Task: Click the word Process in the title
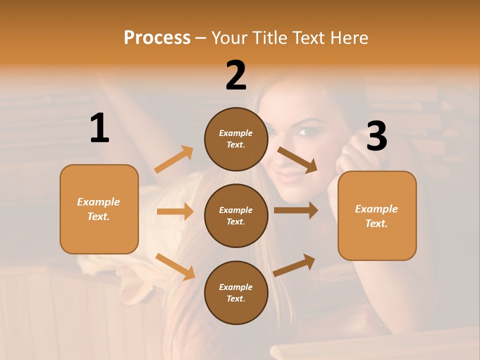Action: [x=157, y=37]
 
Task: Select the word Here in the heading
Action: [x=348, y=37]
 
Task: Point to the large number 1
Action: [x=99, y=128]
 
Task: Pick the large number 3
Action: [x=376, y=136]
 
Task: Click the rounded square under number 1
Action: [x=99, y=209]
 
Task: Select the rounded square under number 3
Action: [x=377, y=215]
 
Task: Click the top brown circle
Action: [x=236, y=139]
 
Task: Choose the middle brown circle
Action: [x=236, y=215]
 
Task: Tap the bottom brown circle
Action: [x=236, y=292]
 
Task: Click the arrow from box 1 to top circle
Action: [x=173, y=159]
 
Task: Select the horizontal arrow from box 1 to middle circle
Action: [x=175, y=211]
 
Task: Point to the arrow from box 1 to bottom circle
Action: [x=175, y=266]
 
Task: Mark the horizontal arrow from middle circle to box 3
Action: [x=295, y=210]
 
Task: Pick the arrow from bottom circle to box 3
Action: [x=294, y=265]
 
